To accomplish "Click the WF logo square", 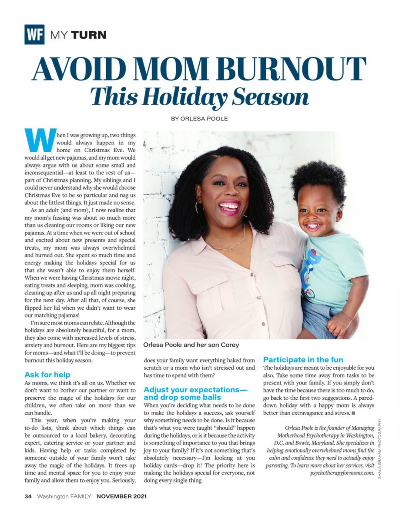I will (34, 34).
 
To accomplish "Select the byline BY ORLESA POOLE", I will (200, 118).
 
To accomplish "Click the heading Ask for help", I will (47, 375).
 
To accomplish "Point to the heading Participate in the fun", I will (303, 360).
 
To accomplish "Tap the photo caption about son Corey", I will (191, 345).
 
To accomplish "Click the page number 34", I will (28, 509).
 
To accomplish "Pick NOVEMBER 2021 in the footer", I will (121, 509).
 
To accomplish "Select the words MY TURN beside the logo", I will (78, 35).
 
